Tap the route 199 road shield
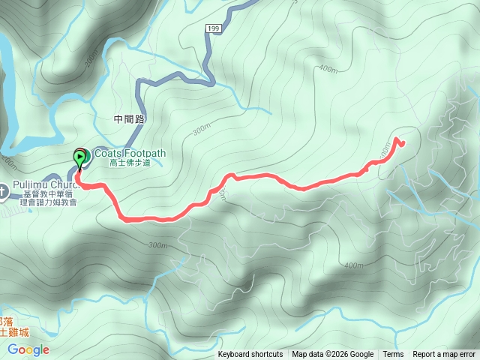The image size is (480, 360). (x=212, y=28)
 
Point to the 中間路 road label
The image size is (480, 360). (x=128, y=118)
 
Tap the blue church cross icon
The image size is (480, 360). (x=3, y=190)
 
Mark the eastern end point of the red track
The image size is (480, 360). (x=403, y=142)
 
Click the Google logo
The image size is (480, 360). (x=28, y=349)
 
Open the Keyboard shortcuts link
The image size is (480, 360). (x=250, y=355)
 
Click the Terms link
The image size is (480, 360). (x=393, y=355)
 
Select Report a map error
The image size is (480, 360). (x=444, y=355)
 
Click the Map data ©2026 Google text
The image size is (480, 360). (x=332, y=355)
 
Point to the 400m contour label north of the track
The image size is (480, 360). (x=328, y=69)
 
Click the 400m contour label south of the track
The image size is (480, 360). (x=352, y=265)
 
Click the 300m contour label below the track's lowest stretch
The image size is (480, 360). (x=157, y=245)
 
